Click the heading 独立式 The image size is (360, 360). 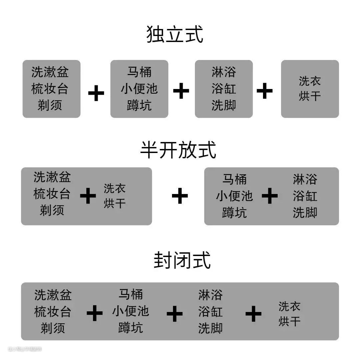point(175,34)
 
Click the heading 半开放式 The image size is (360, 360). point(178,150)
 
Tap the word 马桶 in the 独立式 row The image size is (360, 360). point(139,72)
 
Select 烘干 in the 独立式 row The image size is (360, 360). point(310,96)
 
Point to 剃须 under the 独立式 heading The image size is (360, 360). point(50,105)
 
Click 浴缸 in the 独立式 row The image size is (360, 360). point(224,89)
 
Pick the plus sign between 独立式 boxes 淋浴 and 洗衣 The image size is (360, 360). point(264,91)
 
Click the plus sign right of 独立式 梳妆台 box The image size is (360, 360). point(96,93)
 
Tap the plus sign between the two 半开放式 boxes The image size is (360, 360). point(180,196)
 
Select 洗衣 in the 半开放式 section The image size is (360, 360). point(115,188)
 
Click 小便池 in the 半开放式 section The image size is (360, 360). point(234,196)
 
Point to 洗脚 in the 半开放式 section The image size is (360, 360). point(305,213)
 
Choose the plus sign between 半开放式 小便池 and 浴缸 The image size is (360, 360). point(270,196)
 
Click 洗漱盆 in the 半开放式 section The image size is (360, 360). point(52,177)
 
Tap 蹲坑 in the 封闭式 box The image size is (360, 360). point(131,328)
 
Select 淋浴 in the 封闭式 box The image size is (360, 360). point(210,295)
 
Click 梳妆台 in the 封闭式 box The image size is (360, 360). point(53,312)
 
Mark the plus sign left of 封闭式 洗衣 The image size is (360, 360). point(253,314)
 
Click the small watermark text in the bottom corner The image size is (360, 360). point(25,349)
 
